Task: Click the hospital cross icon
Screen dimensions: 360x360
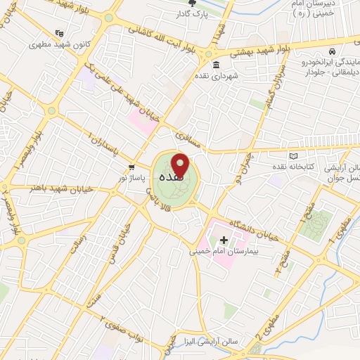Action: (224, 240)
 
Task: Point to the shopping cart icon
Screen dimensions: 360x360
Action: (131, 167)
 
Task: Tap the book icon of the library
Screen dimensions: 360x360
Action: (293, 155)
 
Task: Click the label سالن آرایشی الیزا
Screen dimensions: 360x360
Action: (234, 341)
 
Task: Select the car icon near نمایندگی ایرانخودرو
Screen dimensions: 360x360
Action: (331, 51)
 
